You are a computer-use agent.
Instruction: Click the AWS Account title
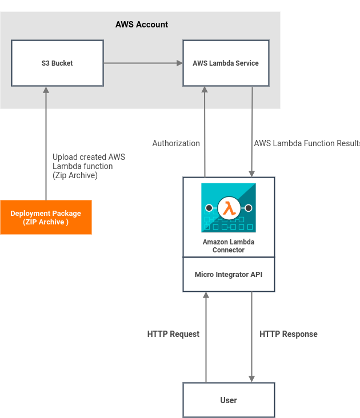(x=142, y=25)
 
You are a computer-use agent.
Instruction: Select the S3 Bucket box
(x=57, y=63)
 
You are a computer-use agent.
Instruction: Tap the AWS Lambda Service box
(x=226, y=63)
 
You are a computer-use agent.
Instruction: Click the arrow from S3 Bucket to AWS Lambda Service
(x=143, y=63)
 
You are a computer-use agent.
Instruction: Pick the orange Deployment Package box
(x=46, y=218)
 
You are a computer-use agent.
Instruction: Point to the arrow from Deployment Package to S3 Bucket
(x=46, y=143)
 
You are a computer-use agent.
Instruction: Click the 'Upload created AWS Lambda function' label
(x=89, y=166)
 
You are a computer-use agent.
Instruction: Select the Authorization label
(x=176, y=143)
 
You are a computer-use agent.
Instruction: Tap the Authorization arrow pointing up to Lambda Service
(x=205, y=131)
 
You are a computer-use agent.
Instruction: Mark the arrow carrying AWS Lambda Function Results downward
(x=251, y=131)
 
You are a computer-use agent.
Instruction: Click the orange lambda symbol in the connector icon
(x=229, y=208)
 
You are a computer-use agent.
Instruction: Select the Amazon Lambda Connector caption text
(x=229, y=246)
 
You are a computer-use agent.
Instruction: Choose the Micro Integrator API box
(x=229, y=275)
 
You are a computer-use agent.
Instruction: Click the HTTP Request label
(x=173, y=334)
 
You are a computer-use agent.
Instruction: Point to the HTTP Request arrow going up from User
(x=206, y=337)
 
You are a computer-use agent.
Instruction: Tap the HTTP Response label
(x=289, y=334)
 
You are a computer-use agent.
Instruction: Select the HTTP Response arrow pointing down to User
(x=251, y=337)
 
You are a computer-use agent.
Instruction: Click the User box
(x=229, y=400)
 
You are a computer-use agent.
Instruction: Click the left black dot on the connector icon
(x=209, y=208)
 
